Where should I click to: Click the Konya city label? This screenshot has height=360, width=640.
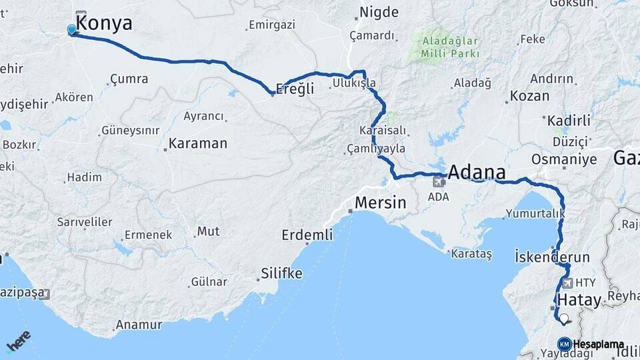coord(104,23)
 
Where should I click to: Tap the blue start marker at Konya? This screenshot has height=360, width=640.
coord(72,29)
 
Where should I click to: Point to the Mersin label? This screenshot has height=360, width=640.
coord(380,203)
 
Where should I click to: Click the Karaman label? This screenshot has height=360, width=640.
coord(197,143)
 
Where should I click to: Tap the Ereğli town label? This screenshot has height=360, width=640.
coord(295,89)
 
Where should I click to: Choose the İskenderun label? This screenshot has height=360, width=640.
coord(553,257)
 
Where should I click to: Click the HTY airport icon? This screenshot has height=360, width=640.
coord(568,282)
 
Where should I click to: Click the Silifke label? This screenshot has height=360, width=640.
coord(281,273)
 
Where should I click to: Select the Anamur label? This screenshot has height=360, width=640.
coord(139,325)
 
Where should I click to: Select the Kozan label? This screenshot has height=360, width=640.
coord(529,96)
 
